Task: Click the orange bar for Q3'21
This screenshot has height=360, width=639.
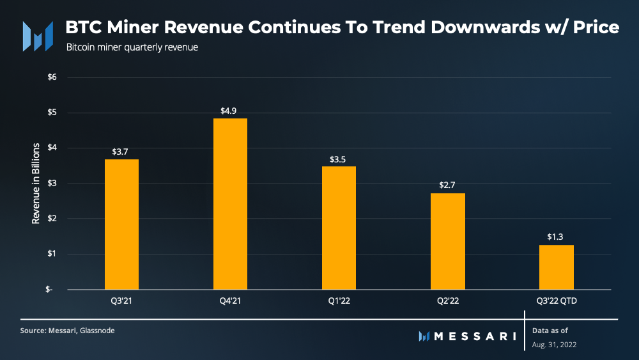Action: pos(121,224)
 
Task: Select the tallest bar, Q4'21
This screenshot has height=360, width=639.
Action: pos(230,203)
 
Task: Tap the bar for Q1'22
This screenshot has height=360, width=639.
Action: pos(339,228)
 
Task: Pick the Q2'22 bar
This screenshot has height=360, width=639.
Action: pos(447,241)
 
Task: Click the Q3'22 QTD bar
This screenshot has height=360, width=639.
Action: pos(556,267)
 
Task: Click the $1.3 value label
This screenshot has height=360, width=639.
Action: pos(556,237)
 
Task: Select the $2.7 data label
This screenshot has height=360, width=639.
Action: pos(447,185)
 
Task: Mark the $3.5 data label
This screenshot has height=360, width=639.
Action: pos(339,159)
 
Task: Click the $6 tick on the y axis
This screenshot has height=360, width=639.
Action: pos(52,77)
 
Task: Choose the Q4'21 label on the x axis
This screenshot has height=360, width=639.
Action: pos(230,299)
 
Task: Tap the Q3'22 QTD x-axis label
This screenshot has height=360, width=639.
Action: pos(556,299)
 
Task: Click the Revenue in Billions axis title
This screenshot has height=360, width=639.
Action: pos(36,183)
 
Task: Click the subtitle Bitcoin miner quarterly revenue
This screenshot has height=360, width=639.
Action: pos(132,47)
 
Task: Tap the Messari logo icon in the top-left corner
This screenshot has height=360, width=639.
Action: pos(37,36)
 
